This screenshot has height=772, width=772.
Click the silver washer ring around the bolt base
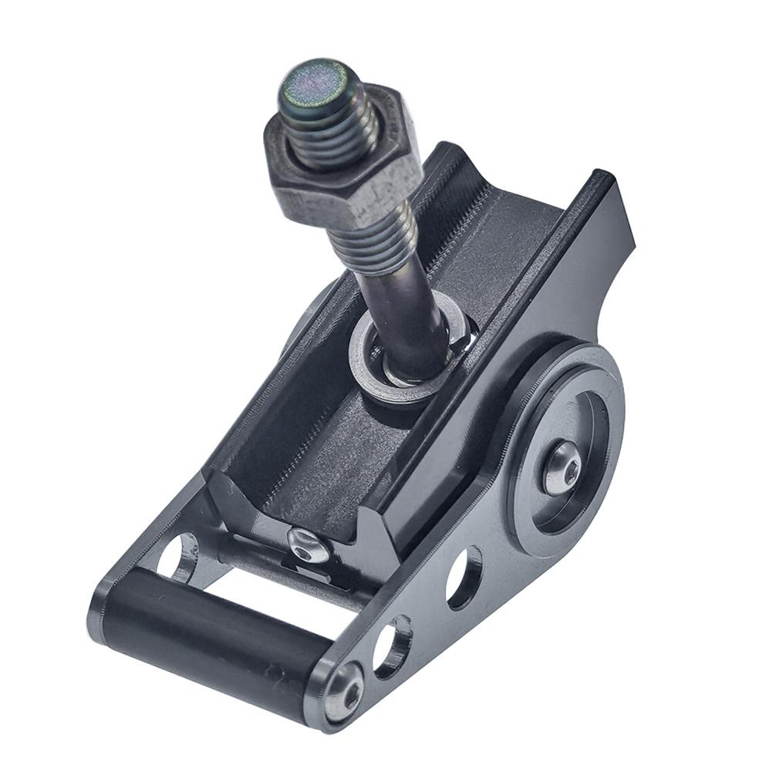coord(369,370)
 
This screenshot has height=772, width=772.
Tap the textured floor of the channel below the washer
coord(324,463)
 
